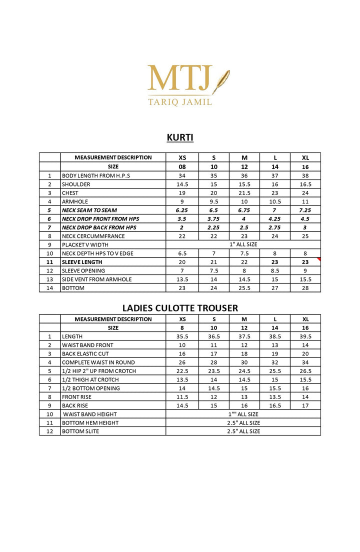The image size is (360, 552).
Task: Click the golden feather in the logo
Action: tap(220, 81)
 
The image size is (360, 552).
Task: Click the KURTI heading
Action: tap(180, 137)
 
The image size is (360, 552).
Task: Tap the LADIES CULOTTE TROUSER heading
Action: tap(180, 308)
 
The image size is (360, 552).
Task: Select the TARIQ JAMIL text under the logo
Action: tap(180, 102)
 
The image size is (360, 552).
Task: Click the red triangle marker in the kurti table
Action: tap(318, 259)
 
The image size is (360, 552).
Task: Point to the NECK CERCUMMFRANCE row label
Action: tap(93, 236)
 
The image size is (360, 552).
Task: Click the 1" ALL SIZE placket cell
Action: tap(243, 244)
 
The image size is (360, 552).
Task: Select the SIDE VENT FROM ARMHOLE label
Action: tap(96, 279)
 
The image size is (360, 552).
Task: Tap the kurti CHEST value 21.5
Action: tap(244, 193)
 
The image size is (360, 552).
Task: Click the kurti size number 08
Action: tap(182, 166)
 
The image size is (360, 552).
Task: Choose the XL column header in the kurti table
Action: tap(305, 157)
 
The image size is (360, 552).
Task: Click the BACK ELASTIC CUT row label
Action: tap(85, 353)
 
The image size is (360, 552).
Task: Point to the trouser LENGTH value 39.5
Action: tap(305, 336)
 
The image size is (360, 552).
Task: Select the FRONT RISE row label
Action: tap(75, 397)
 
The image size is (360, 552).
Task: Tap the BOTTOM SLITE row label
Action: tap(80, 431)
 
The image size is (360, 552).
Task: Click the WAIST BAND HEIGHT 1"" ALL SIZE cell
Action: tap(243, 414)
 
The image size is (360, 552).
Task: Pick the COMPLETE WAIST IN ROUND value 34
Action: tap(305, 362)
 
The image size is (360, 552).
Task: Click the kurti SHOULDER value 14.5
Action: tap(182, 184)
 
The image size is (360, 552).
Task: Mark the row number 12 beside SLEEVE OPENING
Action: tap(49, 270)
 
